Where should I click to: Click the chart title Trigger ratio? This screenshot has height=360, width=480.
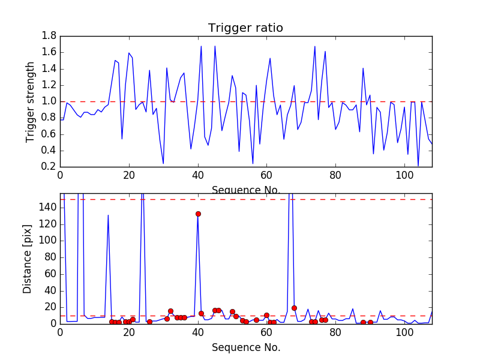tap(245, 28)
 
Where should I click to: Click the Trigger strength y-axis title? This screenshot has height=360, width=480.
tap(31, 101)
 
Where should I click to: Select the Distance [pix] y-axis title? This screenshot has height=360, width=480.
tap(28, 259)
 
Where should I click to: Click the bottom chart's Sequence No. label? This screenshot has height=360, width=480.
tap(246, 347)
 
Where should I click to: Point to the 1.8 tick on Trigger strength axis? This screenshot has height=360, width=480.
tap(49, 36)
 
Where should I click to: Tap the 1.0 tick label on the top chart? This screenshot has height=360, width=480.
tap(49, 101)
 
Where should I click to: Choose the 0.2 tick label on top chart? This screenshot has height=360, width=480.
tap(49, 167)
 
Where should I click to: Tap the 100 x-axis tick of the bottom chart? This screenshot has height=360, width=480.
tap(404, 332)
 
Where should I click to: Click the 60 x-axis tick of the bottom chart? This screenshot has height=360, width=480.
tap(266, 332)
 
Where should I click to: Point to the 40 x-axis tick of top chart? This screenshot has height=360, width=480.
tap(198, 175)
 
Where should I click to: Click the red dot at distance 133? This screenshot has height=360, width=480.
tap(198, 214)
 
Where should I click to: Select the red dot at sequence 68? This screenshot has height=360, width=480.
tap(294, 308)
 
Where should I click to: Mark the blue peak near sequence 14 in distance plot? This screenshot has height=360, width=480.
tap(108, 215)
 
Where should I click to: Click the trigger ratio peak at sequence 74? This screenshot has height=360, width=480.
tap(315, 46)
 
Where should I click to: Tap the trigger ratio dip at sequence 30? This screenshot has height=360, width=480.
tap(163, 163)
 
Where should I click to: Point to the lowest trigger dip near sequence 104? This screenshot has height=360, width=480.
tap(418, 166)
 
